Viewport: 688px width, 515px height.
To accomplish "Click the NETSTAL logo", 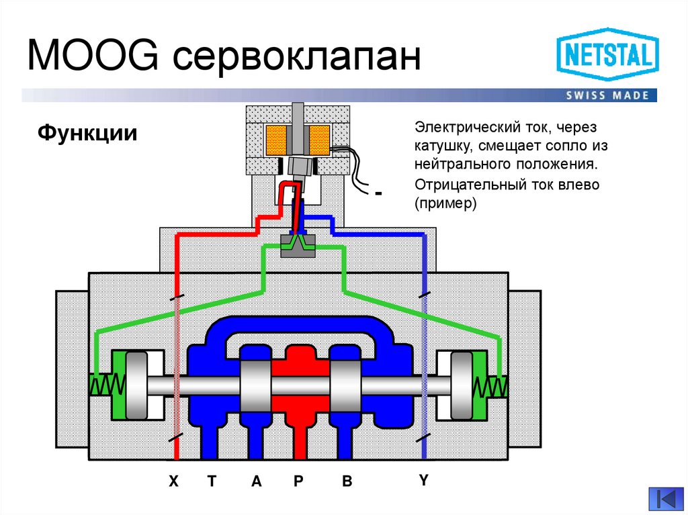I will [607, 55].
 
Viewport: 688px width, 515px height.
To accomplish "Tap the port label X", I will [174, 481].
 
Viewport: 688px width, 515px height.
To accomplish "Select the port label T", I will [212, 481].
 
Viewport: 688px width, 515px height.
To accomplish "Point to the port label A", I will [255, 481].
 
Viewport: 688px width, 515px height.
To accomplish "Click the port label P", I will [299, 481].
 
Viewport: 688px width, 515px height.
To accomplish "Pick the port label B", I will [347, 481].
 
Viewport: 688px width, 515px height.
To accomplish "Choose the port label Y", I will [423, 479].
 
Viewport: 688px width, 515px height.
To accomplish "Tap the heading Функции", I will [87, 133].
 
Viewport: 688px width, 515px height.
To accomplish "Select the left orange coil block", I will [277, 139].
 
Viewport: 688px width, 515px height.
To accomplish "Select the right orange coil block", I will [320, 139].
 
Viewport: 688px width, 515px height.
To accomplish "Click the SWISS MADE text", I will [607, 95].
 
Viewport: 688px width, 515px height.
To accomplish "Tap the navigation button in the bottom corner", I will [665, 499].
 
